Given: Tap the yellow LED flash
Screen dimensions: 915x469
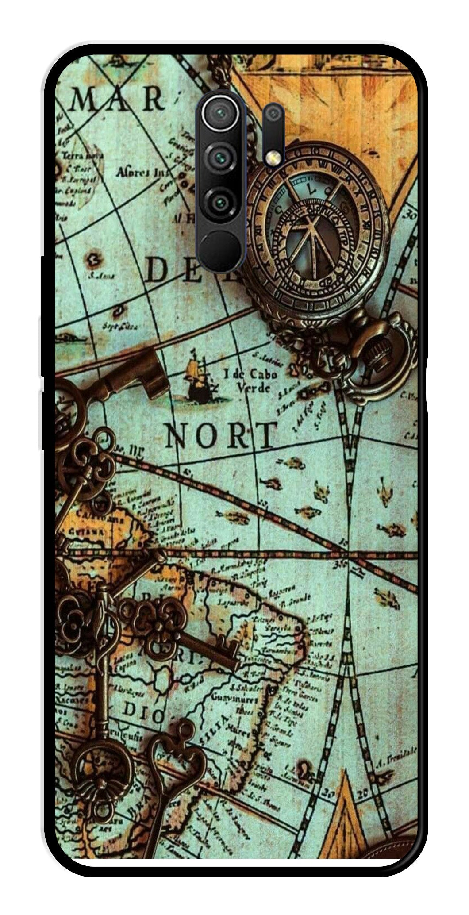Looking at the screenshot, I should [x=273, y=157].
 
